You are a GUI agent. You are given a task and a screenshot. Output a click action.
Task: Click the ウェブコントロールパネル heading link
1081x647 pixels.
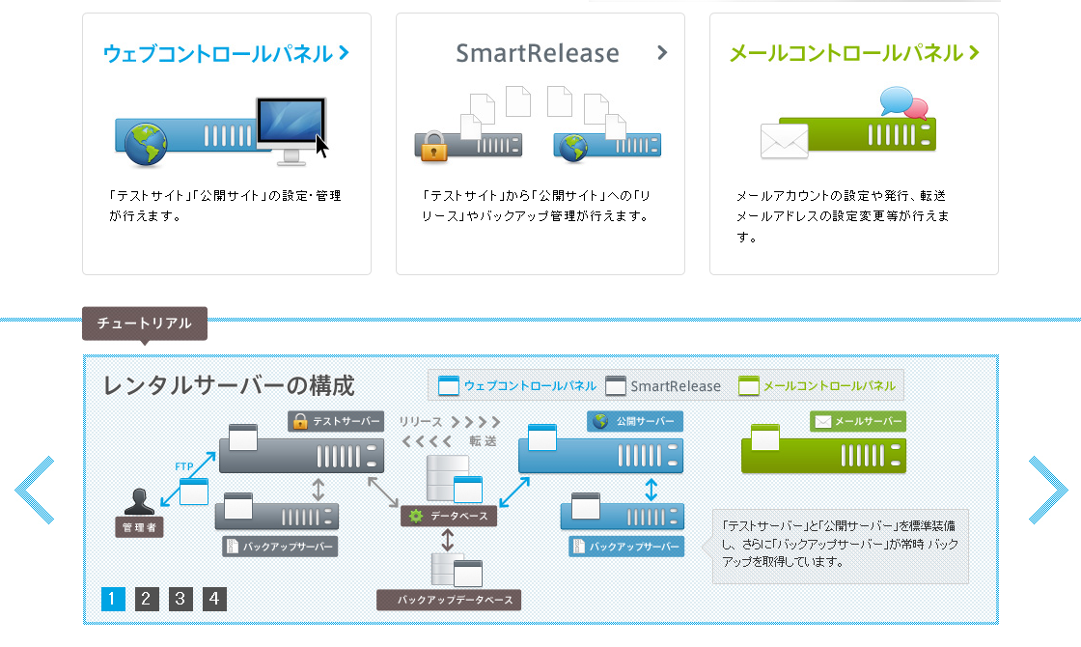[226, 53]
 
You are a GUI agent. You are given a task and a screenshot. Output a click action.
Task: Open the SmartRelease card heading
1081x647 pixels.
[538, 53]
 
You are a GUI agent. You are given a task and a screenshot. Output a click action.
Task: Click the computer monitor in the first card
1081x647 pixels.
[291, 127]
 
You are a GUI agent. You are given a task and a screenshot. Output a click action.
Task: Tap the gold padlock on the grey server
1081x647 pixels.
[435, 147]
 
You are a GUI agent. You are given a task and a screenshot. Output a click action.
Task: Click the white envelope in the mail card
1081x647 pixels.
[784, 141]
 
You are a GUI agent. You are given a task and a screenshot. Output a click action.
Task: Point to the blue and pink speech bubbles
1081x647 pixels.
[903, 102]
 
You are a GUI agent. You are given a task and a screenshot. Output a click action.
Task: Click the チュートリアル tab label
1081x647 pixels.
[145, 323]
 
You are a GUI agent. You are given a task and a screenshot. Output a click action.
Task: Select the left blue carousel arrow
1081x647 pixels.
[36, 491]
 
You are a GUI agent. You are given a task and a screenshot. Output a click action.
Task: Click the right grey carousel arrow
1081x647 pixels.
[1047, 491]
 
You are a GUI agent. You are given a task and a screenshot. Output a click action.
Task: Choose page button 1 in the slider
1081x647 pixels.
[113, 600]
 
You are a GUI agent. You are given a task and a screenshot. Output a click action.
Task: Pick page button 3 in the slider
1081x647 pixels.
[180, 600]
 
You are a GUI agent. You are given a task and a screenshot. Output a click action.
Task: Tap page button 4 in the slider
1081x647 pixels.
[214, 600]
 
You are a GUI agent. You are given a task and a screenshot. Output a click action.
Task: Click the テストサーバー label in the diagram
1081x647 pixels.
[335, 422]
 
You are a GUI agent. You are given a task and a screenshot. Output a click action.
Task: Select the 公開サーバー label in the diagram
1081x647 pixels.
[635, 422]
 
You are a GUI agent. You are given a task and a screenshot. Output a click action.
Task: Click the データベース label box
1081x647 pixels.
[450, 517]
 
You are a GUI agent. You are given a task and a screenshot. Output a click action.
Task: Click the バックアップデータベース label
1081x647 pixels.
[449, 601]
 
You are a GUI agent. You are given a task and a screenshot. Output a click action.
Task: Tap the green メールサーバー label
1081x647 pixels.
[858, 422]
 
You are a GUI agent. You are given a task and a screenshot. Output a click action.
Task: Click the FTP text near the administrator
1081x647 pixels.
[185, 466]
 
